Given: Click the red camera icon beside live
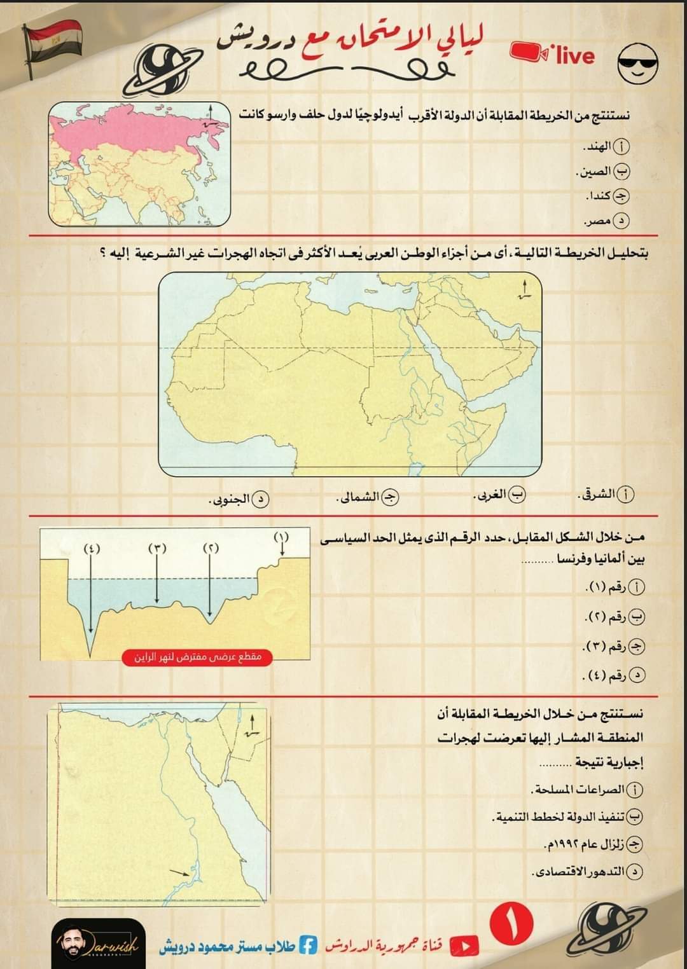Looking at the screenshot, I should point(530,55).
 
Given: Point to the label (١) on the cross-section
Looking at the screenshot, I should point(281,537).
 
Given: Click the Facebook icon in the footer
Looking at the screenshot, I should point(308,946).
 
